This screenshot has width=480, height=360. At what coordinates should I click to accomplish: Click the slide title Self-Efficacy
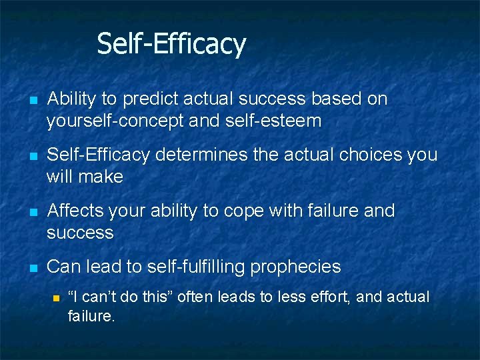(171, 44)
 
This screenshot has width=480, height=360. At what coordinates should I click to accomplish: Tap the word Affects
(73, 211)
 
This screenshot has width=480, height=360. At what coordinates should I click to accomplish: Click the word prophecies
(295, 267)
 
